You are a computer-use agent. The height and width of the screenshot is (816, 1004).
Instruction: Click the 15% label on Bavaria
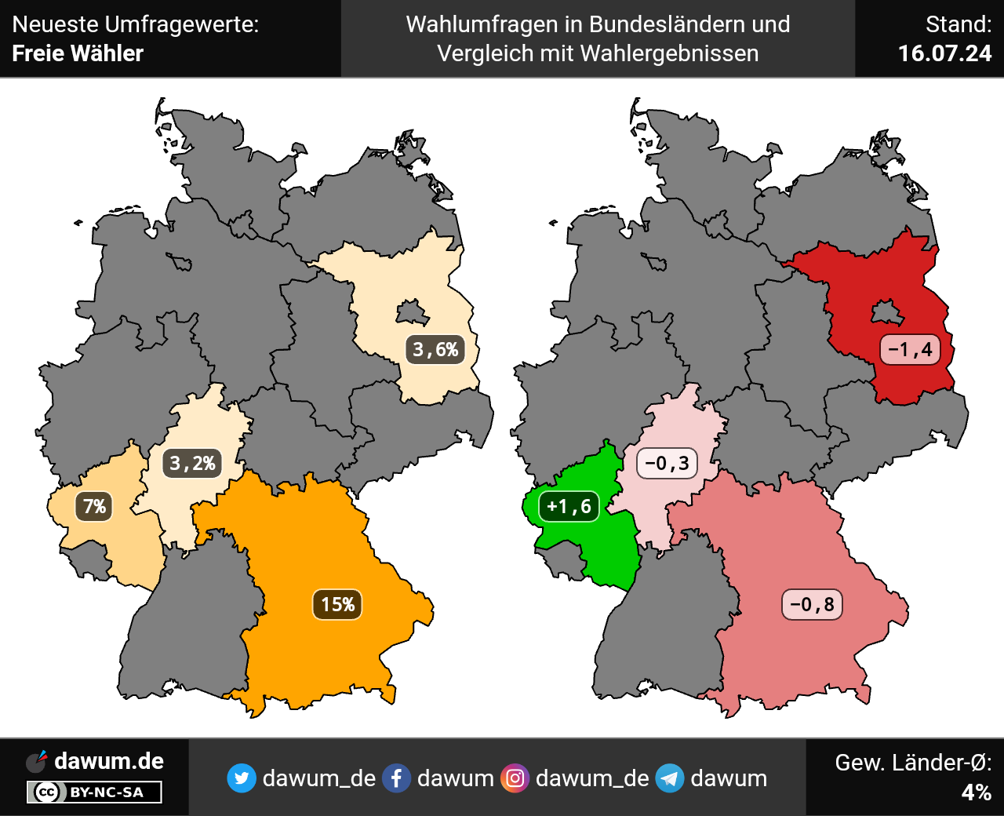tap(337, 604)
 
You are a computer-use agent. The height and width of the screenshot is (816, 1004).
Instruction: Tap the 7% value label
tap(94, 506)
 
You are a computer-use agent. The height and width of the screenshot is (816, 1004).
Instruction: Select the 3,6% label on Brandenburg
tap(435, 349)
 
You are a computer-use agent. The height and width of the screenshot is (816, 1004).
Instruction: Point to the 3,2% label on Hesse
tap(193, 463)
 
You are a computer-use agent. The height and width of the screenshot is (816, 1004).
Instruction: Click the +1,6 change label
tap(569, 506)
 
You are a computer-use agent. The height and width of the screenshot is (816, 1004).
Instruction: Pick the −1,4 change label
tap(910, 349)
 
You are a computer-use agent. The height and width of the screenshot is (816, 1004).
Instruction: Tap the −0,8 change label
tap(812, 604)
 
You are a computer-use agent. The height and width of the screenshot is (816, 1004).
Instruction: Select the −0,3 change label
tap(667, 463)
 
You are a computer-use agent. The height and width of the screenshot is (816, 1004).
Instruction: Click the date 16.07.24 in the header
tap(944, 53)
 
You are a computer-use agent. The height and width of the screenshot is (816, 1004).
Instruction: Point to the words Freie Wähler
tap(78, 53)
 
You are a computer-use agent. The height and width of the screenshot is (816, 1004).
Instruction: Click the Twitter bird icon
tap(242, 778)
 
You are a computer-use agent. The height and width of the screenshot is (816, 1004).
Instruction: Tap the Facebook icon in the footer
tap(396, 778)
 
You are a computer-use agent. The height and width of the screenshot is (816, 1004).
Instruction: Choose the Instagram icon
tap(515, 778)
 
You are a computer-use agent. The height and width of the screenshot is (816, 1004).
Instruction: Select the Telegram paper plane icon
tap(669, 778)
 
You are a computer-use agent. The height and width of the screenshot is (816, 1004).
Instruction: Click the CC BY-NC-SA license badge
tap(94, 792)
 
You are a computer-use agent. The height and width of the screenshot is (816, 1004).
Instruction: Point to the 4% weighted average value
tap(976, 792)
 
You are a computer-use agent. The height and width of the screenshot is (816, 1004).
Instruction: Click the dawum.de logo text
tap(108, 761)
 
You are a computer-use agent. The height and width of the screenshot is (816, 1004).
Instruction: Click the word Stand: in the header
tap(958, 24)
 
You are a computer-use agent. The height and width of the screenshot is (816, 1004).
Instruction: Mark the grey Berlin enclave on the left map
tap(412, 313)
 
